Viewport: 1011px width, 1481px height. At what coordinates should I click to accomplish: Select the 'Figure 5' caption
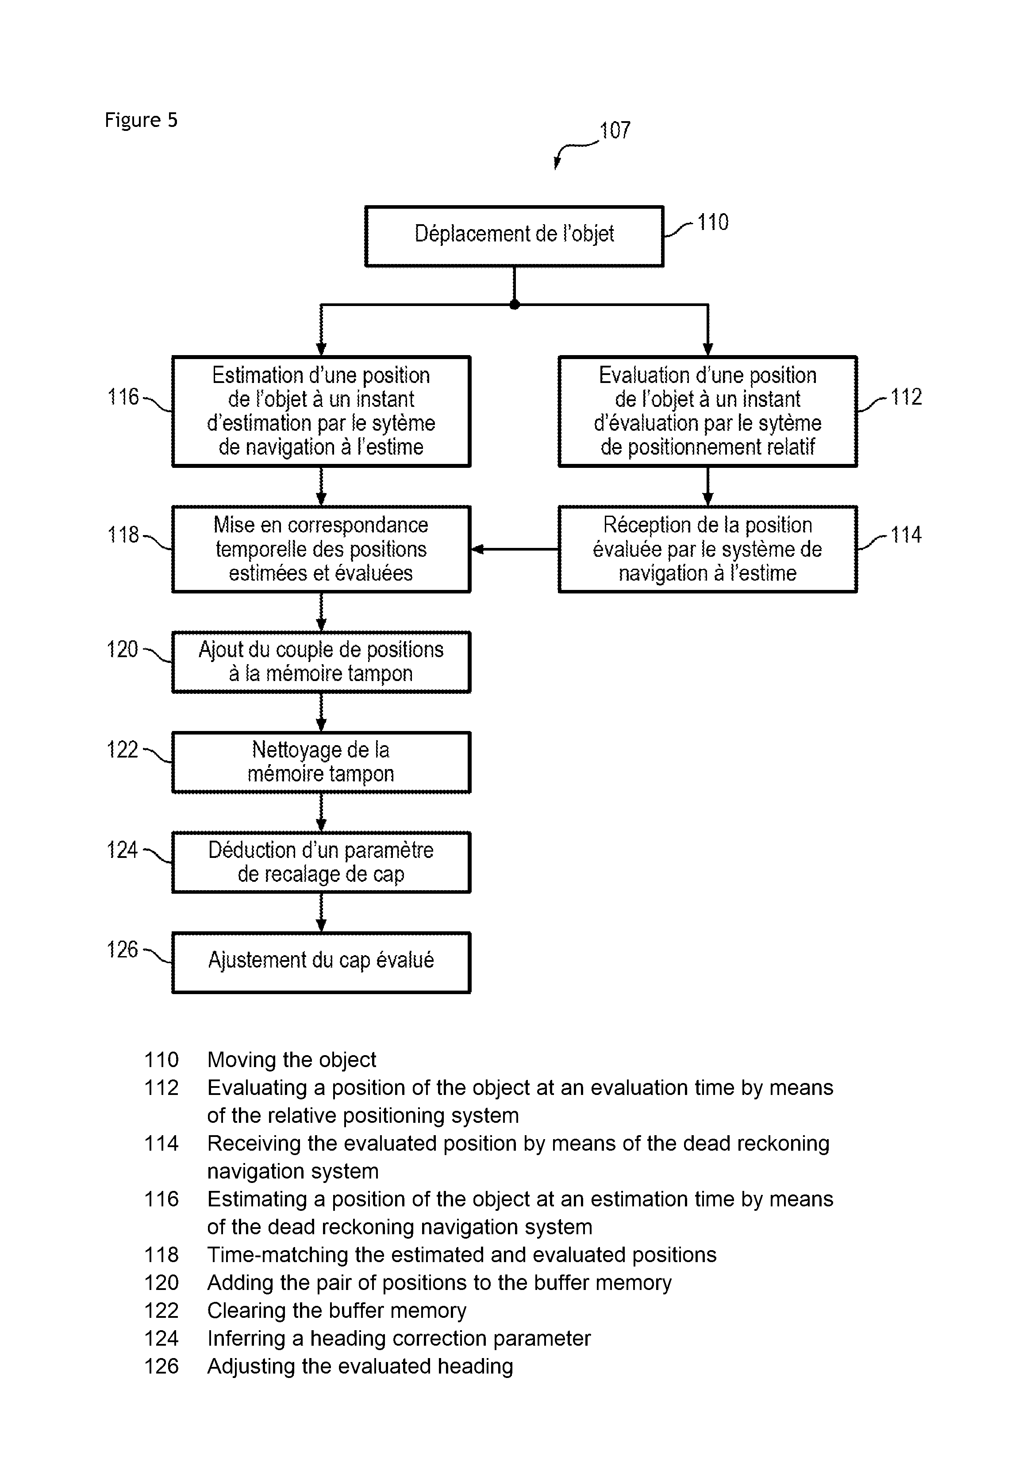coord(141,120)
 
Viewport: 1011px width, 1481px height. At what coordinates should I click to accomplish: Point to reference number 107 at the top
coord(615,130)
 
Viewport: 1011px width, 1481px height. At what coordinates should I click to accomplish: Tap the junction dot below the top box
coord(515,305)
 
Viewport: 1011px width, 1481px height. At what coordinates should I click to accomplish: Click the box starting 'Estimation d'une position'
coord(321,411)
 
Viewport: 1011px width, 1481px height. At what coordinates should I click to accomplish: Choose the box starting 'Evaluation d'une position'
coord(707,411)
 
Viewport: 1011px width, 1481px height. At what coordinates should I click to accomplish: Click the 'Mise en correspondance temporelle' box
coord(321,549)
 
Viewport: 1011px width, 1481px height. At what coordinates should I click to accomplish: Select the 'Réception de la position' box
coord(707,549)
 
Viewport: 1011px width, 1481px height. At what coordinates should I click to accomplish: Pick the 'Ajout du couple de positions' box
coord(321,662)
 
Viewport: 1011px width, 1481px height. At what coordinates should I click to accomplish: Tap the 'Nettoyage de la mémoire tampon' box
coord(321,762)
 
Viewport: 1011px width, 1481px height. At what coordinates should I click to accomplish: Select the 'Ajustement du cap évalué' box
coord(321,962)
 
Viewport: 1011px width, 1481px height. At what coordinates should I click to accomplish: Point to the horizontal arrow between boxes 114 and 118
coord(515,549)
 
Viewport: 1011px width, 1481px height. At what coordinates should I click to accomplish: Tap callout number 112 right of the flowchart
coord(906,397)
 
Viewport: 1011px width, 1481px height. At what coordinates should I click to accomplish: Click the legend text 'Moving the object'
coord(291,1060)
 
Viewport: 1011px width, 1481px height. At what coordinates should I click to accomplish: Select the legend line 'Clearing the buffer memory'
coord(337,1311)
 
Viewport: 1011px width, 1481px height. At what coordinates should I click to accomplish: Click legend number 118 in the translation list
coord(161,1255)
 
